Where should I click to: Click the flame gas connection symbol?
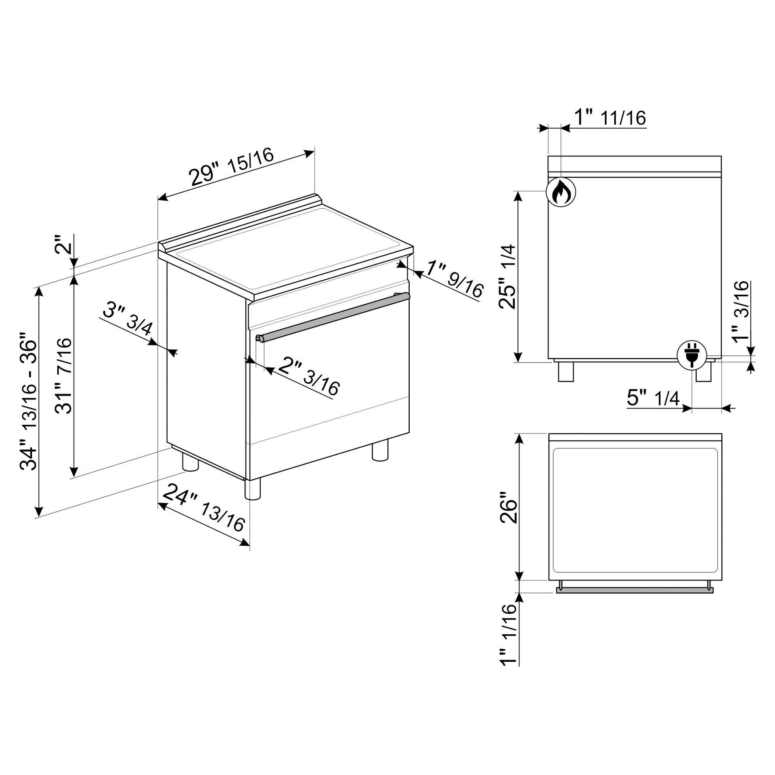pos(561,192)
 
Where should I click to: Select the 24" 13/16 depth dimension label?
pos(204,507)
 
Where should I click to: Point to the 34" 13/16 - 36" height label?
pos(29,401)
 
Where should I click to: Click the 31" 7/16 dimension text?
pos(63,375)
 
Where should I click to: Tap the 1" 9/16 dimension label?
pos(455,279)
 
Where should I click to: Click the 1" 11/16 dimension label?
pos(610,117)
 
